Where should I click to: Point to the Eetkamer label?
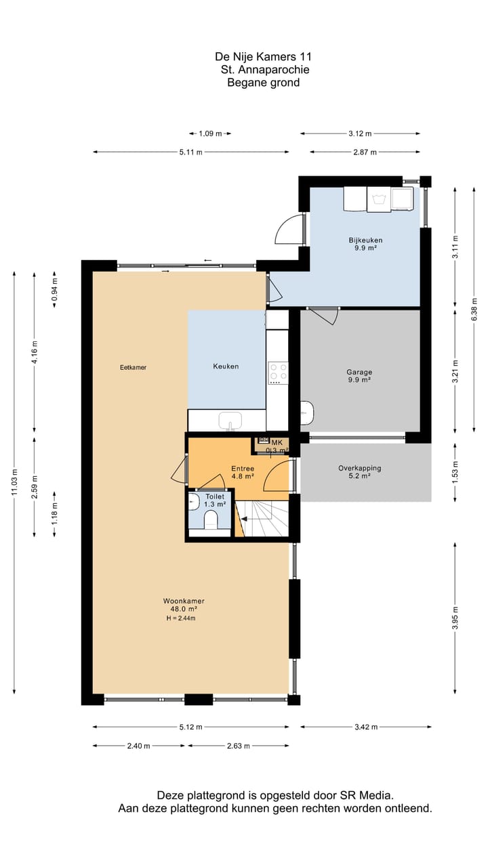pyautogui.click(x=133, y=367)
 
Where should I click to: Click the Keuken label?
pyautogui.click(x=226, y=366)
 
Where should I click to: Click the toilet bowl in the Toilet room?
pyautogui.click(x=211, y=520)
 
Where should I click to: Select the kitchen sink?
pyautogui.click(x=230, y=421)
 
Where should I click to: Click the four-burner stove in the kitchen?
pyautogui.click(x=277, y=373)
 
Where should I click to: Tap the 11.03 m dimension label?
pyautogui.click(x=14, y=482)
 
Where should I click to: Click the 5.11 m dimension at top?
pyautogui.click(x=190, y=152)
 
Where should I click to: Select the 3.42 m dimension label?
pyautogui.click(x=365, y=727)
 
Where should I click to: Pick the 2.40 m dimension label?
pyautogui.click(x=138, y=746)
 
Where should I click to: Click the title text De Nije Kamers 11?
pyautogui.click(x=263, y=58)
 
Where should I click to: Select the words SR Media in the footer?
pyautogui.click(x=367, y=795)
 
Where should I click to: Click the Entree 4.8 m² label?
pyautogui.click(x=242, y=472)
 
